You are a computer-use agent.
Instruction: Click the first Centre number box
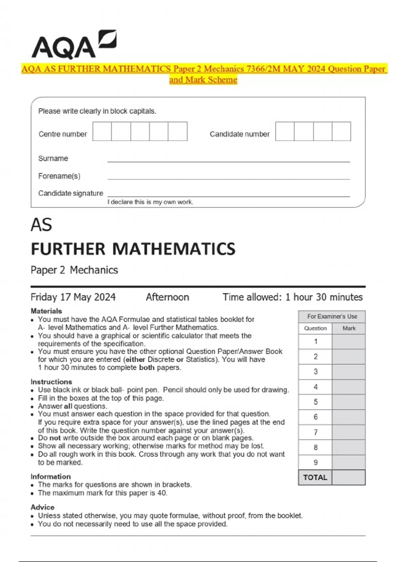point(102,131)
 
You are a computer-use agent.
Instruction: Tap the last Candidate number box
point(341,131)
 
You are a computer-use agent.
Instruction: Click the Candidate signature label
point(71,193)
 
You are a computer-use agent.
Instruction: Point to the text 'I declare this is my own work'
point(150,202)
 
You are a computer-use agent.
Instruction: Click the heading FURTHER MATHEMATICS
point(133,249)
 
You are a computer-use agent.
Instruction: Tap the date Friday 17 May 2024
point(73,297)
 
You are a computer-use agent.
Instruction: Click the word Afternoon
point(167,297)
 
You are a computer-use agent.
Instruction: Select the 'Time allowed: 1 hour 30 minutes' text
point(292,297)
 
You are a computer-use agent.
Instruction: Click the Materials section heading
point(46,311)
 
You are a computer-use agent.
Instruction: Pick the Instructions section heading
point(51,381)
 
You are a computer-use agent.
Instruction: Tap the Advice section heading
point(42,507)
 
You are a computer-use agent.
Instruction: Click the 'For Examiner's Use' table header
point(332,316)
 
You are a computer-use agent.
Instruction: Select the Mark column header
point(349,328)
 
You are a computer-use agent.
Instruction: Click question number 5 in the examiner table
point(315,402)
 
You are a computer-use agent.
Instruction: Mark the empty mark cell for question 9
point(348,462)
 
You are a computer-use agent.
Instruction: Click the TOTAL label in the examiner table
point(315,477)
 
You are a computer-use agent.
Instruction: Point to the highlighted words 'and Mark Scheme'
point(203,80)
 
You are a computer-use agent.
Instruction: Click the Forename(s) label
point(59,176)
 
